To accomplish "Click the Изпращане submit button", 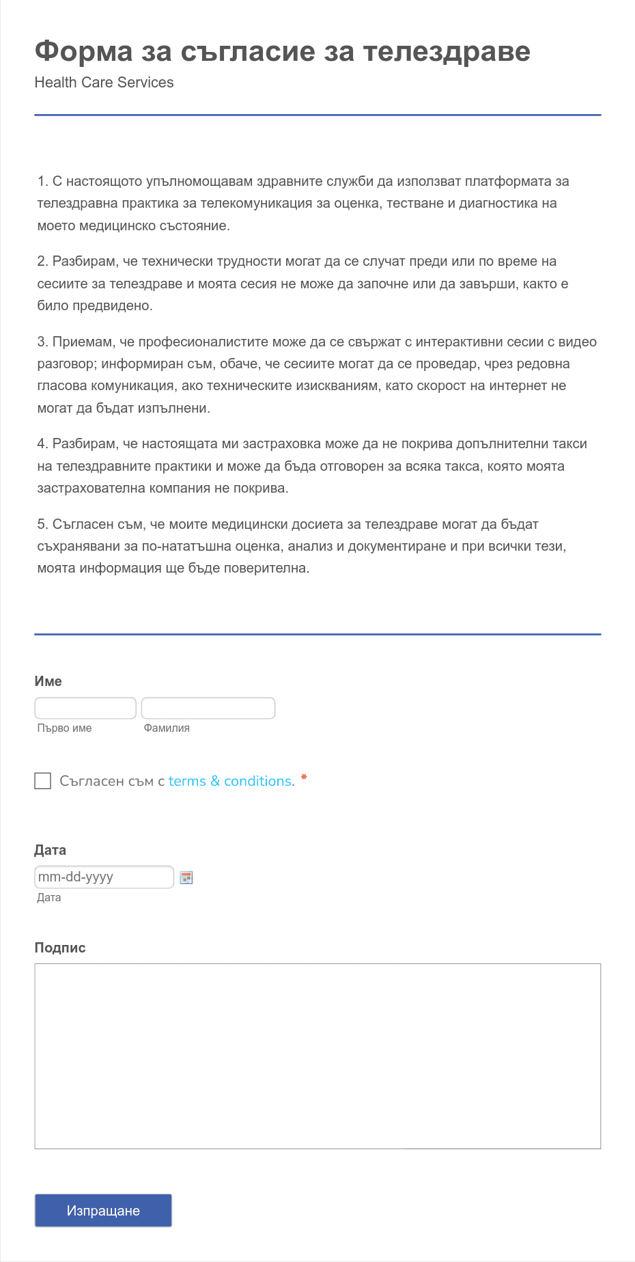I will (x=103, y=1210).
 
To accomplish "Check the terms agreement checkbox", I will (x=43, y=781).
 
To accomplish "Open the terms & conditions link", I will (x=230, y=781).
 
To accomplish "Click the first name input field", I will (x=85, y=708).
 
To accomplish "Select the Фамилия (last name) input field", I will (x=208, y=708).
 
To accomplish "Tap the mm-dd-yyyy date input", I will (x=104, y=877).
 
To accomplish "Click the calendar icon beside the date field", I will (x=186, y=877).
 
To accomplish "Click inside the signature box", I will (x=317, y=1056).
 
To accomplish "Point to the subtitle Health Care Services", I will (x=104, y=83).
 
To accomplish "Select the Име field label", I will (x=48, y=681).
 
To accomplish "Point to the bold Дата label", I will (x=50, y=850).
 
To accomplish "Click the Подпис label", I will (x=60, y=948).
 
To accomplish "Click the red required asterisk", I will (x=304, y=778).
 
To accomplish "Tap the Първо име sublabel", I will (x=64, y=728).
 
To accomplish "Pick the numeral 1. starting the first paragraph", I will (x=42, y=182).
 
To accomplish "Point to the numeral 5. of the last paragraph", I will (x=42, y=525).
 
